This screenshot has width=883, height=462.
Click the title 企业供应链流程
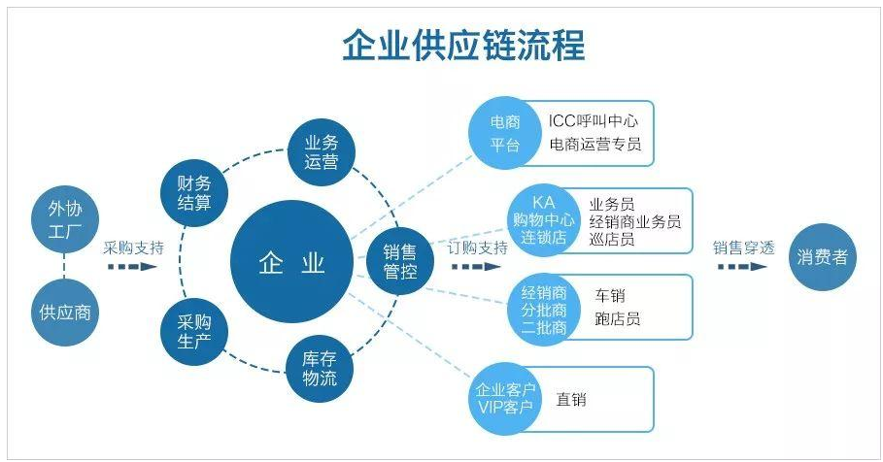pyautogui.click(x=463, y=45)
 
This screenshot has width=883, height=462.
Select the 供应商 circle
pyautogui.click(x=66, y=313)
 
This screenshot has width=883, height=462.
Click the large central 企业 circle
pyautogui.click(x=292, y=263)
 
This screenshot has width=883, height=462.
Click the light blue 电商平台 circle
pyautogui.click(x=504, y=134)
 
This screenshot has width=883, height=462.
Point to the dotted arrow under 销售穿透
pyautogui.click(x=743, y=267)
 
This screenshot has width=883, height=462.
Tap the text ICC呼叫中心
pyautogui.click(x=594, y=121)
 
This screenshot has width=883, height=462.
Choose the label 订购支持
pyautogui.click(x=478, y=247)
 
